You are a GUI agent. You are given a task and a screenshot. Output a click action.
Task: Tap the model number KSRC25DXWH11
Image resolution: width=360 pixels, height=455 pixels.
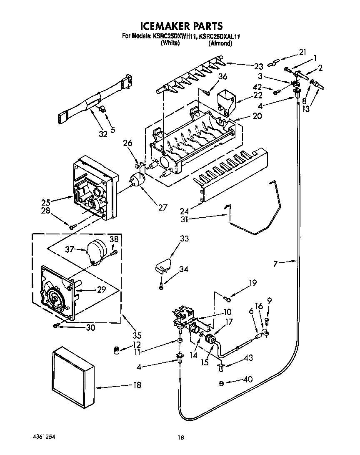174,37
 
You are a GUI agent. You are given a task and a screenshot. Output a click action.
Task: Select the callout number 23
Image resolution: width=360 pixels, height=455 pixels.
258,65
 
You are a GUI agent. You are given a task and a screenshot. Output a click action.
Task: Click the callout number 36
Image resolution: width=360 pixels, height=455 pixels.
222,77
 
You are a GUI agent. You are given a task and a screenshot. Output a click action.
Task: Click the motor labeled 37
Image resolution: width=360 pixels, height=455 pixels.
95,251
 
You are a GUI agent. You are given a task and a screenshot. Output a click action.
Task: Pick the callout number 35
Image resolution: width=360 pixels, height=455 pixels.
137,335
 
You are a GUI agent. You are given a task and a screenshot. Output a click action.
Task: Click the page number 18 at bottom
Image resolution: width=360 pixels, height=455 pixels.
180,437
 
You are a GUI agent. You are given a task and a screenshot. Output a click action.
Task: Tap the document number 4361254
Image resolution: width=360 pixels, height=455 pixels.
44,436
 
